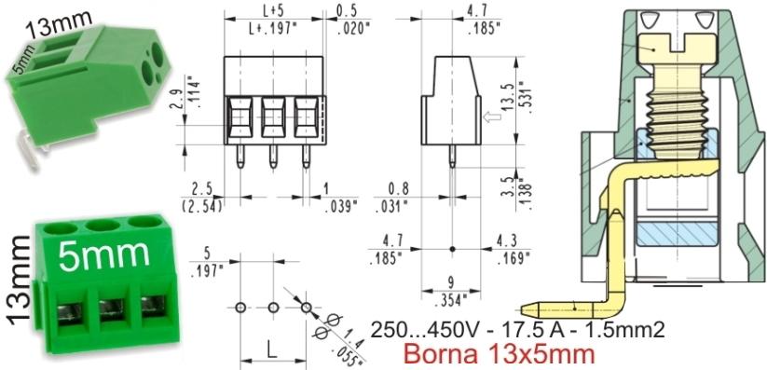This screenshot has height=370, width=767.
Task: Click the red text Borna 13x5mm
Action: tap(500, 353)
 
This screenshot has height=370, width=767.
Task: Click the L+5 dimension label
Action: tap(273, 10)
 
